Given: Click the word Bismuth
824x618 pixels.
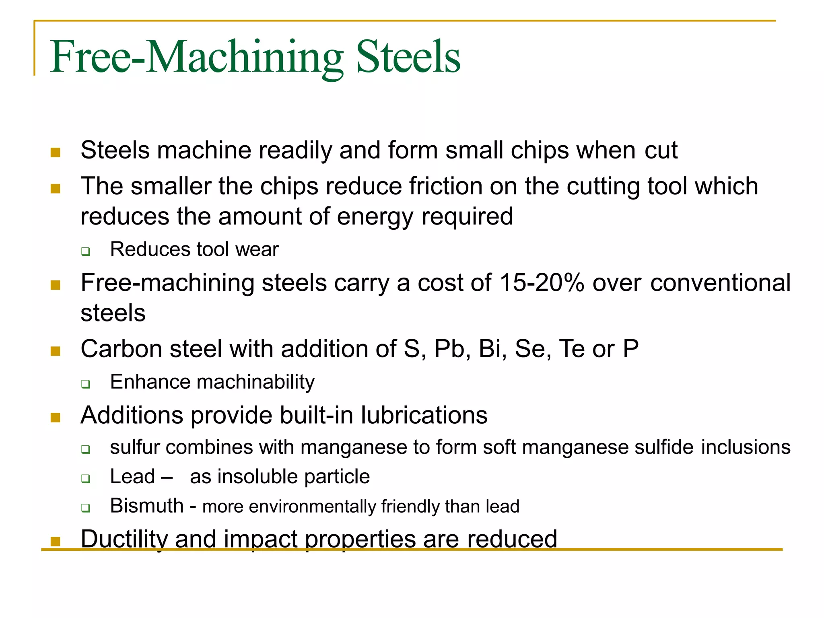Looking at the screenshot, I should click(147, 506).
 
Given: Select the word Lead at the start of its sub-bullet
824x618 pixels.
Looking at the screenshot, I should click(132, 477).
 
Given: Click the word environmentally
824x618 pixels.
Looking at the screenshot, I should click(312, 507).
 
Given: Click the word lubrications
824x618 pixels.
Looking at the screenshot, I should click(424, 415).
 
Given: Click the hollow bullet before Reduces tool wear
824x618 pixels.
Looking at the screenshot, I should click(86, 252).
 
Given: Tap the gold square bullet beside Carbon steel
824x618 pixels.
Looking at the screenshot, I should click(56, 351).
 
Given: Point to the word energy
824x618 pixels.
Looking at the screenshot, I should click(375, 217).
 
